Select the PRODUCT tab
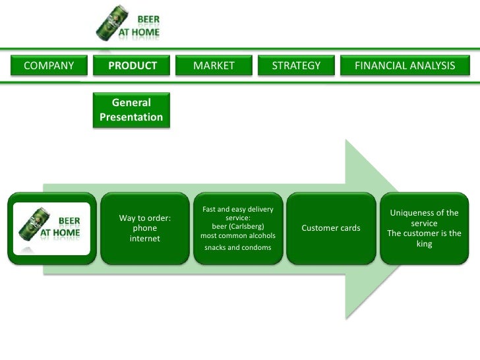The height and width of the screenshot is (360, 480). [133, 66]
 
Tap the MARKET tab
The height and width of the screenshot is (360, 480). [214, 66]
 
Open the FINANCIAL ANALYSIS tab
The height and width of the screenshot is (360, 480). [405, 66]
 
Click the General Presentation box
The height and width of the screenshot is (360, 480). [131, 110]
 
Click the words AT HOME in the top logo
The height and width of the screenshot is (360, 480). [138, 31]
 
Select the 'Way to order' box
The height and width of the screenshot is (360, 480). [144, 228]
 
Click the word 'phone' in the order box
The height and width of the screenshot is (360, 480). [144, 228]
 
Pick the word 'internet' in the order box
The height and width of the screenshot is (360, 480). [144, 239]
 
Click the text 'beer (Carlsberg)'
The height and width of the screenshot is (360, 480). [237, 225]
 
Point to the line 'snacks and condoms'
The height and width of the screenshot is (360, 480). [237, 247]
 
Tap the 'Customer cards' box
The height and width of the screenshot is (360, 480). [330, 228]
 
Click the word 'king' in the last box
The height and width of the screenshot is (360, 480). [424, 244]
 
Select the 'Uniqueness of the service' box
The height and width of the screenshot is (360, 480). [424, 228]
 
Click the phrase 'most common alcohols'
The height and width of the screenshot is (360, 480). [237, 235]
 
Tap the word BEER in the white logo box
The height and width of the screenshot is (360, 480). [70, 220]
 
